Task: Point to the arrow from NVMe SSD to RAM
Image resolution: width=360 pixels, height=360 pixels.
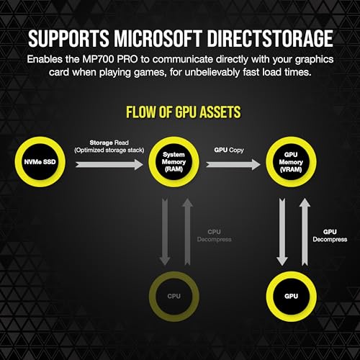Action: (x=109, y=165)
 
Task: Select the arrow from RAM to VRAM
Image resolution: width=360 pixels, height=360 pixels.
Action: (x=233, y=165)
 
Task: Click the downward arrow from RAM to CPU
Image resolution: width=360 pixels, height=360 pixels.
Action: (x=165, y=232)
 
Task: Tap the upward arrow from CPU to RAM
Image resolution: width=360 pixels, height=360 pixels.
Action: (x=187, y=232)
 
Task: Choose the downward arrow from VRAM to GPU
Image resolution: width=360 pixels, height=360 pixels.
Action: (x=282, y=232)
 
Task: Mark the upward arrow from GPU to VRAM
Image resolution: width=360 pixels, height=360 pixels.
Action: (x=305, y=232)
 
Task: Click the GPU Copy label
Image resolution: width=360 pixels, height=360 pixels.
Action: (x=229, y=150)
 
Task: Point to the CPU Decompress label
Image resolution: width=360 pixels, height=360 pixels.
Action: (x=214, y=235)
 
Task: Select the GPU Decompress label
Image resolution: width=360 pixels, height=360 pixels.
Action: (x=330, y=235)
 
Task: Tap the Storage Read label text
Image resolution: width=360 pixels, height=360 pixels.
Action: (x=109, y=143)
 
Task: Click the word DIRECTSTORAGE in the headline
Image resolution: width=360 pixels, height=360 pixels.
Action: (x=270, y=38)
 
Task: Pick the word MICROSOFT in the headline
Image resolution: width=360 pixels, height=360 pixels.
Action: (x=158, y=38)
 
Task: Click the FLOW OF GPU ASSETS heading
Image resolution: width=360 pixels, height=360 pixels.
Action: (x=184, y=112)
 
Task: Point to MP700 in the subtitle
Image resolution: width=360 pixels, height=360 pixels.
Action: (x=98, y=59)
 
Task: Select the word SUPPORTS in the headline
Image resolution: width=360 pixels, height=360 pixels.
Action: (x=68, y=38)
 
